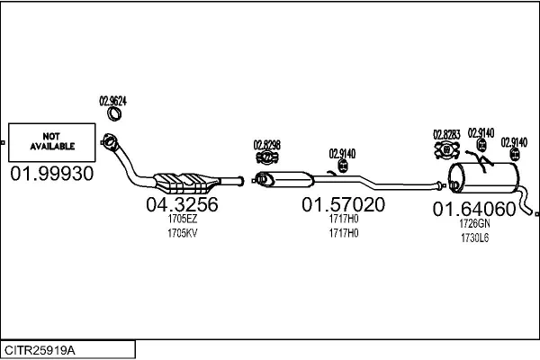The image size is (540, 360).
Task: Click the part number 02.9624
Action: (x=112, y=101)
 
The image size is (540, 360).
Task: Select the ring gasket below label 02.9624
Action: (x=114, y=114)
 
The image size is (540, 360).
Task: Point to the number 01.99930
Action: (x=51, y=174)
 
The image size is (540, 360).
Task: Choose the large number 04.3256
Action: (x=182, y=205)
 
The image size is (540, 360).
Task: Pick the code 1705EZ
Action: (x=182, y=219)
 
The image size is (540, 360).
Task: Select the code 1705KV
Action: (x=182, y=233)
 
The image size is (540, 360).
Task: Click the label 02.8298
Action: (x=266, y=144)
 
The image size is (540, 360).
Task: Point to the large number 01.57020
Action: (x=343, y=205)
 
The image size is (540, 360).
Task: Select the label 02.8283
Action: (x=446, y=135)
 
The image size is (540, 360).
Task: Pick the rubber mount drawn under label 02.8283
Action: (x=446, y=148)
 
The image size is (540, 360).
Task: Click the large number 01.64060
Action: (x=474, y=210)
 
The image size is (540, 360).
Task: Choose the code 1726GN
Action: (x=474, y=223)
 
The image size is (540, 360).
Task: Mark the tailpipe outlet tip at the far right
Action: (x=535, y=213)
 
